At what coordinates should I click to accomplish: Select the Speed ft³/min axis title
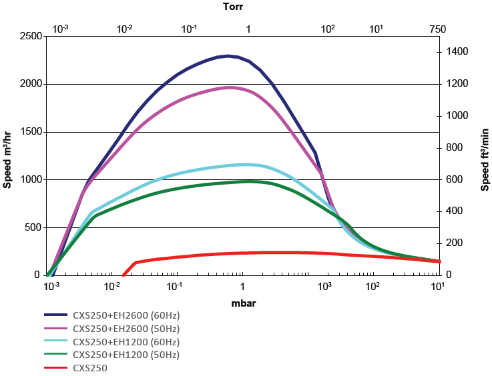[x=485, y=156]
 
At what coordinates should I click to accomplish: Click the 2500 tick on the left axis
[x=29, y=36]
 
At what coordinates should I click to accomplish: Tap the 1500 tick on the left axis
[x=29, y=132]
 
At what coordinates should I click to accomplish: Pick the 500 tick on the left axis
[x=32, y=228]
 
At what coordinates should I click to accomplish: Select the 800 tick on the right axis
[x=459, y=147]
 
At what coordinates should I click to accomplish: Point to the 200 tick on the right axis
[x=459, y=243]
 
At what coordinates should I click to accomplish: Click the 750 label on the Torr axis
[x=437, y=29]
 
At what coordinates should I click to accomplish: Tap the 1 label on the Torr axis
[x=248, y=29]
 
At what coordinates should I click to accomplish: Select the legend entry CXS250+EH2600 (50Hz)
[x=126, y=329]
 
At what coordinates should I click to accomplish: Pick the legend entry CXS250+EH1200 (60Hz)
[x=126, y=342]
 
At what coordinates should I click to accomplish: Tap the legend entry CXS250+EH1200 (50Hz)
[x=126, y=355]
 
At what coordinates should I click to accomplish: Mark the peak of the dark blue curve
[x=228, y=56]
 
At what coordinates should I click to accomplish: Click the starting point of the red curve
[x=124, y=275]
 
